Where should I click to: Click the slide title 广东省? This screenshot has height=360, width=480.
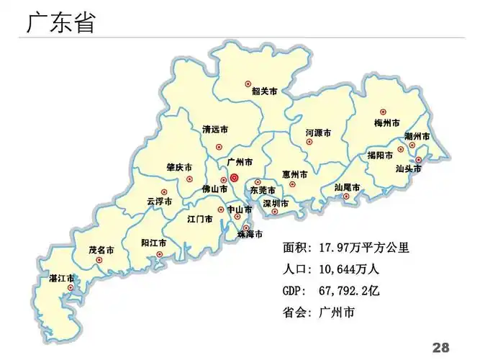60,23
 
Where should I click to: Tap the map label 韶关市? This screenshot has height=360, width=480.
264,91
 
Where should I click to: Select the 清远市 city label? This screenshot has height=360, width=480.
215,130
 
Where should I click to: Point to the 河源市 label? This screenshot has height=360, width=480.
318,133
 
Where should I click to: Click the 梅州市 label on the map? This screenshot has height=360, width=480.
387,123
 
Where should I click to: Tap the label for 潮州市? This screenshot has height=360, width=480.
417,136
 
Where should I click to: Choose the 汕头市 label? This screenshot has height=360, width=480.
408,169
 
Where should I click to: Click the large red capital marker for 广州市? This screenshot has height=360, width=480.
234,176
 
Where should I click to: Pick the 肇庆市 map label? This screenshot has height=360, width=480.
179,167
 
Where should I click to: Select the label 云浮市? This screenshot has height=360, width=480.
159,202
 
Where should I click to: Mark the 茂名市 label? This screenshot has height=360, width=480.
101,250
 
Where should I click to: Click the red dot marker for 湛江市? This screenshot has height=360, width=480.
70,288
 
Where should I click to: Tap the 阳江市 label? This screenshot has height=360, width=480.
154,243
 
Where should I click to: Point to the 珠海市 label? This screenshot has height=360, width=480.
249,235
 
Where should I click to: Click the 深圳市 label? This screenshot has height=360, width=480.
276,204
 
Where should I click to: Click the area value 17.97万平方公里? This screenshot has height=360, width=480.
363,248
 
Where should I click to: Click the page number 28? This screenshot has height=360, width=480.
440,346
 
